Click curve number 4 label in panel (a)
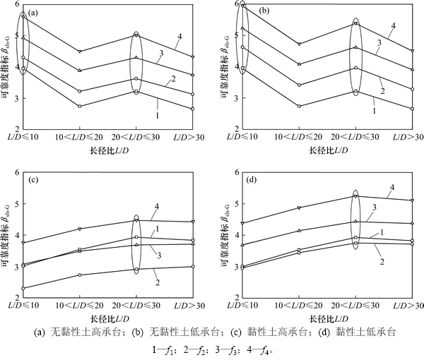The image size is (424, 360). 179,37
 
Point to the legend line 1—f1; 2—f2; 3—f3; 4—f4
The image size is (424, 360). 211,347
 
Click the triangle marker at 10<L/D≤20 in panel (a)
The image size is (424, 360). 80,71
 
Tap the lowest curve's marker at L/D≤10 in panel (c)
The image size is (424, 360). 24,288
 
